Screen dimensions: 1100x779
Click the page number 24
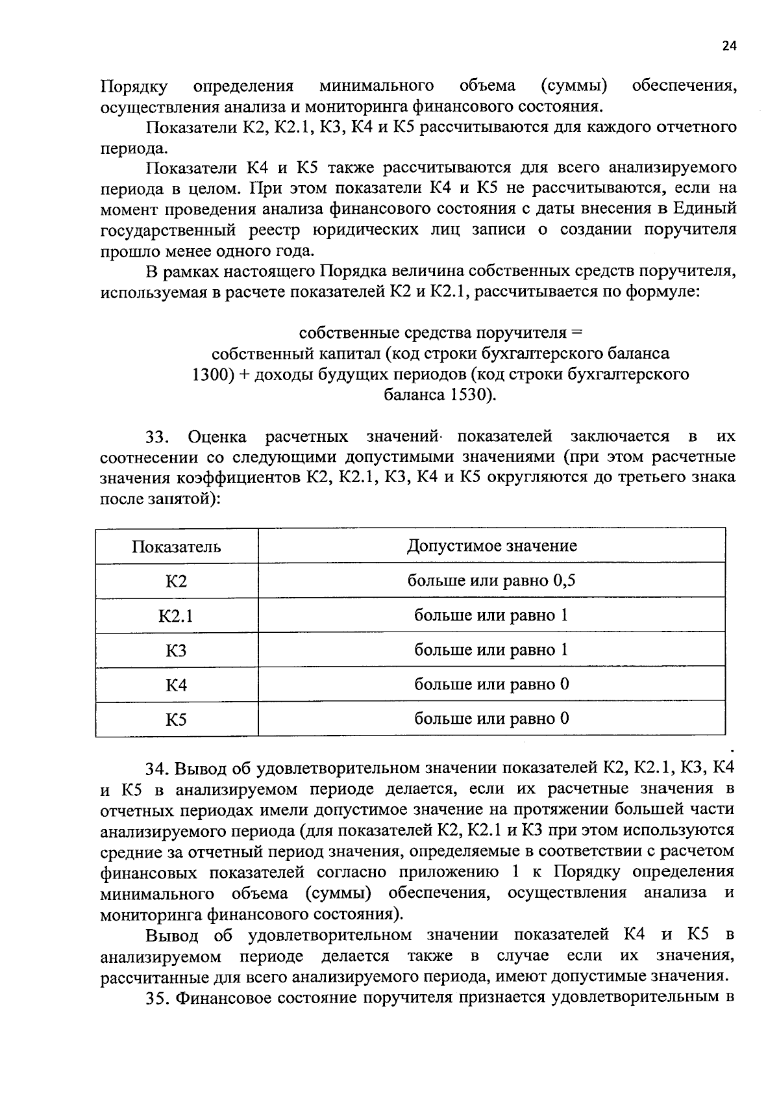coord(728,45)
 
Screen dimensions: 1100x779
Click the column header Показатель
coord(176,546)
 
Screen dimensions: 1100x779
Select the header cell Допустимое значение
coord(491,545)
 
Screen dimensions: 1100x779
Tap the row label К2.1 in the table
coord(176,615)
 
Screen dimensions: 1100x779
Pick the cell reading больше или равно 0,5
coord(491,580)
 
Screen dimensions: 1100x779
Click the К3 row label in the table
coord(176,650)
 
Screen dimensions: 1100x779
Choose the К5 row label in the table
coord(176,719)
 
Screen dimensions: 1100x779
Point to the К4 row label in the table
coord(176,685)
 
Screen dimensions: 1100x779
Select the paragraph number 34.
coord(158,769)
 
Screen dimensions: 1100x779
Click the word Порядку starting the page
coord(134,86)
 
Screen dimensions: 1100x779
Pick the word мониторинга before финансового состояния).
coord(151,915)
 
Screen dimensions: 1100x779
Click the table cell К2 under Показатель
coord(176,581)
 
